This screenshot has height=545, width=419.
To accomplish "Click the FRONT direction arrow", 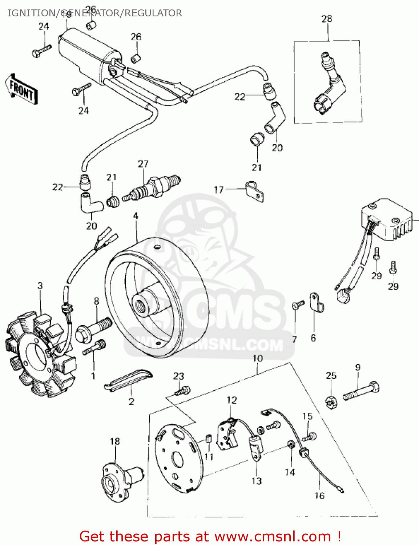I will coord(21,90).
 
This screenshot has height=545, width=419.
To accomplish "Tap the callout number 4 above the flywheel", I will coord(136,216).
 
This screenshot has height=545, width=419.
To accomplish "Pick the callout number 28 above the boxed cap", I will coord(327,19).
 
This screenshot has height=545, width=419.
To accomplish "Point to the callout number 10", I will coord(257,358).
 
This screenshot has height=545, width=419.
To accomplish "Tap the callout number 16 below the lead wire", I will coord(319,495).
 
